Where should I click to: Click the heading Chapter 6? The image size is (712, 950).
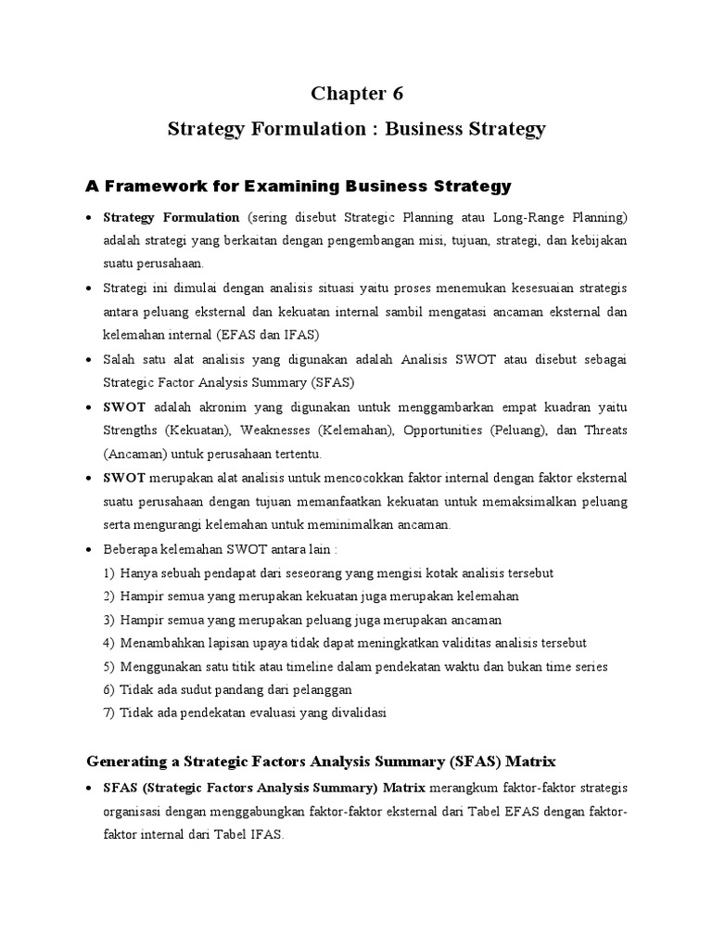pos(357,94)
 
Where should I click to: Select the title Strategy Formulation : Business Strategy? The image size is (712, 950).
pos(357,129)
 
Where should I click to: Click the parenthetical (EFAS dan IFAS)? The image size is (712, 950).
pos(279,335)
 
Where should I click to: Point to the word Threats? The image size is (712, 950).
pos(603,430)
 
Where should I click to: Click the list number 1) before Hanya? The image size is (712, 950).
pos(109,573)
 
